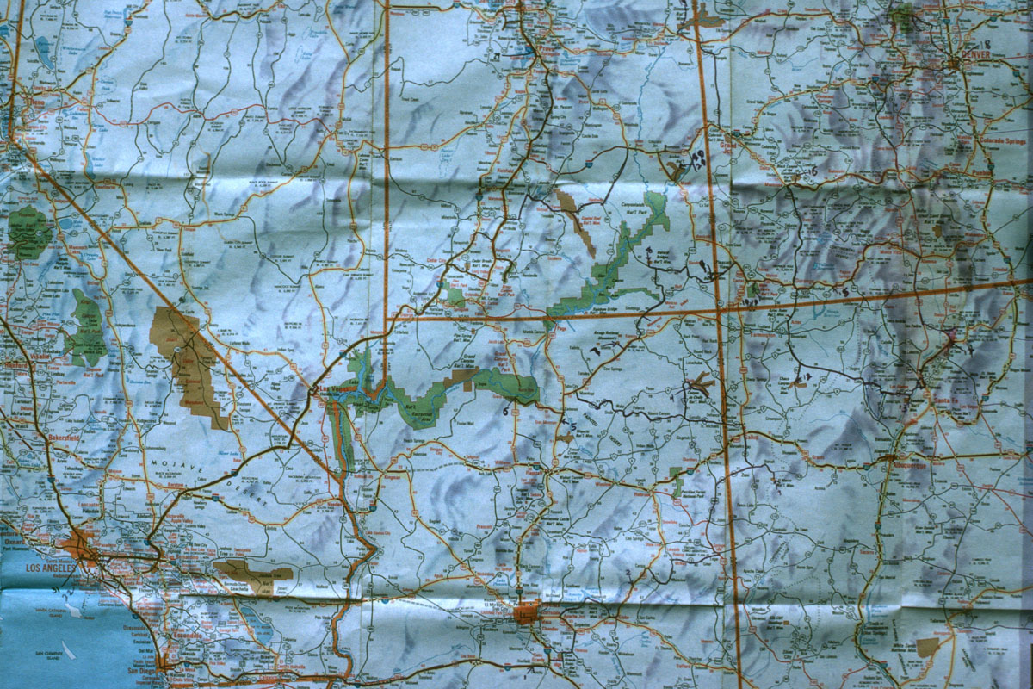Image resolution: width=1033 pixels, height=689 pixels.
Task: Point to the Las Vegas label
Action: coord(330,391)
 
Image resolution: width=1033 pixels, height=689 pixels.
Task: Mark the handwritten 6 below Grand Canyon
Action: coord(505,412)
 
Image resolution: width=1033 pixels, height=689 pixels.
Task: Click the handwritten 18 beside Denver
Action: coord(985,44)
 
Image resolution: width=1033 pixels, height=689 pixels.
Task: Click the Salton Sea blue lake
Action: coord(258,633)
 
